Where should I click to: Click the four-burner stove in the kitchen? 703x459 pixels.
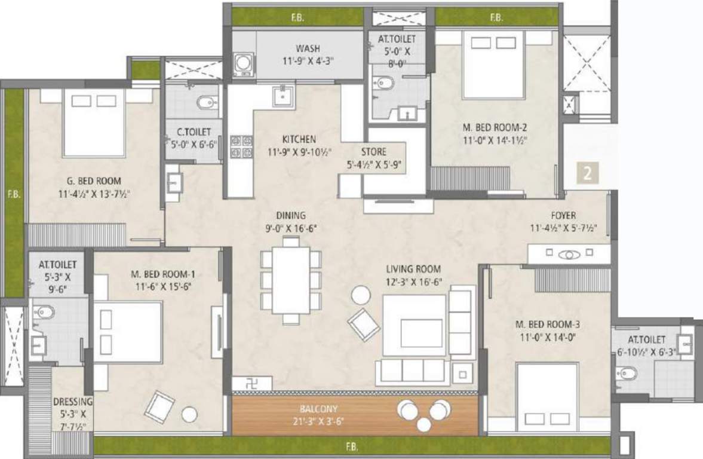click(241, 147)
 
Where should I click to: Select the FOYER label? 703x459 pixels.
click(564, 216)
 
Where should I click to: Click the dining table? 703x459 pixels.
click(291, 280)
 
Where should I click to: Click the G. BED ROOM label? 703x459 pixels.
click(94, 180)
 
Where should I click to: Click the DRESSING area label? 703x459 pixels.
click(72, 402)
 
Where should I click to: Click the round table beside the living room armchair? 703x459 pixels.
click(360, 295)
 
